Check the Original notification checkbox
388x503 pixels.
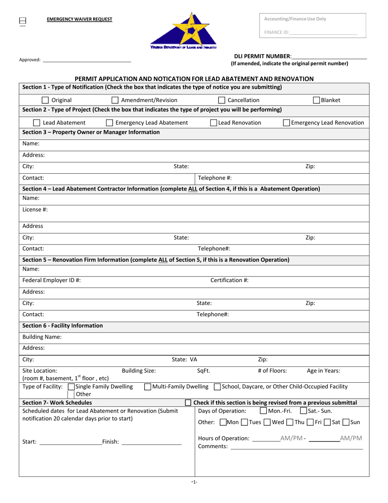point(46,100)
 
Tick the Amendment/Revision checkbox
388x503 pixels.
point(115,100)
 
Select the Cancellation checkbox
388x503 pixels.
point(221,100)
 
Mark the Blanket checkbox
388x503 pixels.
point(317,100)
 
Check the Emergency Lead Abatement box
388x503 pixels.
point(109,123)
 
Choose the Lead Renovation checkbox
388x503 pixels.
point(214,123)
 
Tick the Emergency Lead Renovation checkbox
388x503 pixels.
point(287,123)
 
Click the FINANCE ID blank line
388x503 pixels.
point(323,32)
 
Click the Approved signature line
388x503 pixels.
point(87,60)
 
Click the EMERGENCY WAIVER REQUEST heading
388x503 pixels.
point(79,19)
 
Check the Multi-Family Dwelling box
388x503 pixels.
point(148,387)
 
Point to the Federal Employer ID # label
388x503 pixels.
point(51,280)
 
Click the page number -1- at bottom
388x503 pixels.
point(194,482)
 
